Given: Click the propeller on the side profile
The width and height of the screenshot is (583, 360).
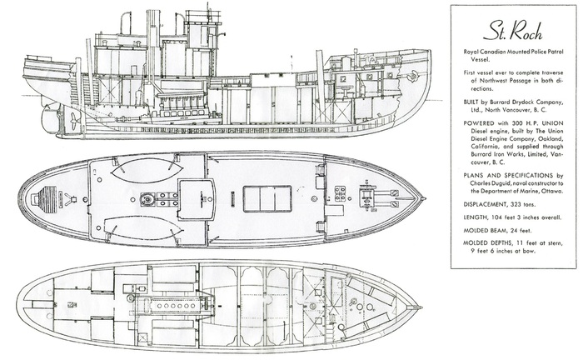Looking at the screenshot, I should tap(73, 119).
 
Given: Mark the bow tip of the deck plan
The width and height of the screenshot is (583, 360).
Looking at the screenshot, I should tap(424, 199).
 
